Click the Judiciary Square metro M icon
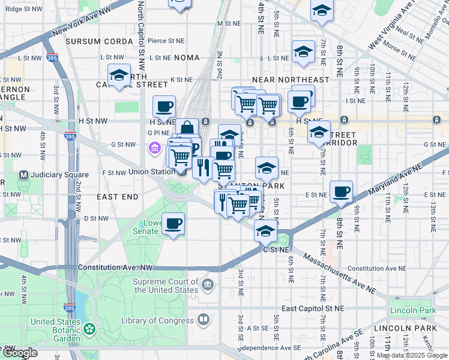(x=24, y=175)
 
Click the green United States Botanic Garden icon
(x=89, y=328)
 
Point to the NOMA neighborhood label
(x=187, y=58)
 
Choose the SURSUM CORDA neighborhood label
(x=99, y=41)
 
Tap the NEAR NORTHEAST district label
(x=291, y=80)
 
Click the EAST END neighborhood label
(x=118, y=197)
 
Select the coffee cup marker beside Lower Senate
(x=173, y=224)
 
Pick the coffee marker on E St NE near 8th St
(x=341, y=192)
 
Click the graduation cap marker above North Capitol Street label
(x=119, y=76)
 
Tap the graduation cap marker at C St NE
(x=265, y=230)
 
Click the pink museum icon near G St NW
(x=154, y=147)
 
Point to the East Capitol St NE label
(x=313, y=308)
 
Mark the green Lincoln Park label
(x=411, y=310)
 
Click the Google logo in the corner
(x=20, y=353)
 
